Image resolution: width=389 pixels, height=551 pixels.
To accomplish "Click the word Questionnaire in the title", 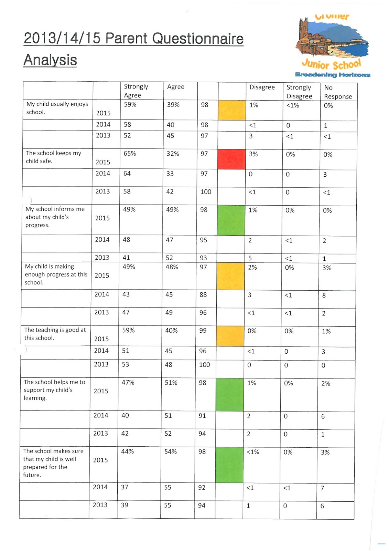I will (198, 39).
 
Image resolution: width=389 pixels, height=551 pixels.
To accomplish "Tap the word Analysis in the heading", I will (50, 60).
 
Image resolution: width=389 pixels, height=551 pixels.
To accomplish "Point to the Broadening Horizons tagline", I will (333, 75).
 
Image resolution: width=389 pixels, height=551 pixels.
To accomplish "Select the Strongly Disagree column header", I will (299, 92).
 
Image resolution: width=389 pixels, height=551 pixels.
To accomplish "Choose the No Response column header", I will (338, 92).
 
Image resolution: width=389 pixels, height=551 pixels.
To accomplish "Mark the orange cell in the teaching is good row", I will (230, 336).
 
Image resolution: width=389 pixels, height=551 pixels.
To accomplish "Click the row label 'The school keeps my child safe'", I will (53, 157).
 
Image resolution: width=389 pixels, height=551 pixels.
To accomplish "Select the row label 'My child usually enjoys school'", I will (57, 108).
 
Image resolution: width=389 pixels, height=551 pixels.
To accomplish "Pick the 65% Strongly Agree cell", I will (130, 154).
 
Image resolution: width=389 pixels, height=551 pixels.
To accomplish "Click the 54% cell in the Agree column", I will (171, 451).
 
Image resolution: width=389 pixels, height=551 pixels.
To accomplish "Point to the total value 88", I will (203, 295).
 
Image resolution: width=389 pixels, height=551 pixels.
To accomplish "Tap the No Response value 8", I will (324, 295).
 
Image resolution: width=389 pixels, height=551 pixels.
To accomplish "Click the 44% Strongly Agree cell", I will (128, 451).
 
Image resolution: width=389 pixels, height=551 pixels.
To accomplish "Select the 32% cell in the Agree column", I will (173, 154).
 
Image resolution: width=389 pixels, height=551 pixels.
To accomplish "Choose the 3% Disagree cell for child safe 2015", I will (253, 154).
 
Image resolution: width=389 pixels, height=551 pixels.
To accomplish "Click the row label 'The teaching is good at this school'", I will (55, 334).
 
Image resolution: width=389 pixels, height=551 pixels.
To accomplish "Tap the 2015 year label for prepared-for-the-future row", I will (100, 460).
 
